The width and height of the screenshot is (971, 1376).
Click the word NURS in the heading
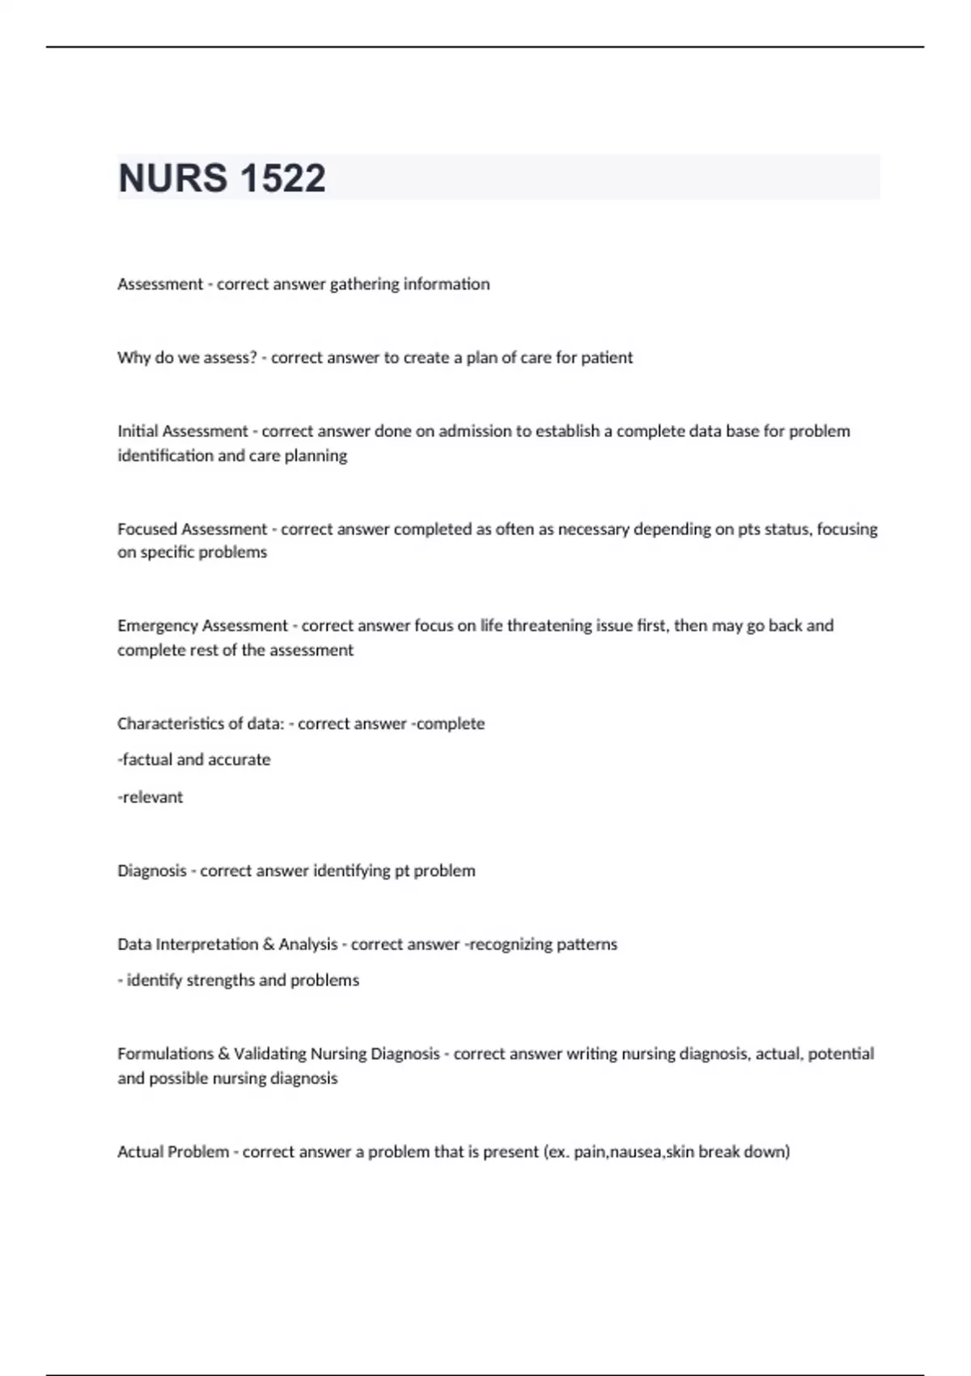[x=172, y=178]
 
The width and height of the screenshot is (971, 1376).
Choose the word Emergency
[x=157, y=626]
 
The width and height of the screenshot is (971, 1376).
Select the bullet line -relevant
[x=151, y=797]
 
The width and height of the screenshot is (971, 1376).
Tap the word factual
[x=146, y=760]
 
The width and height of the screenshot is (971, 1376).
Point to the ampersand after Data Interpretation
[x=268, y=945]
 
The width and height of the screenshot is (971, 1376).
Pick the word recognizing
[x=503, y=945]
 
